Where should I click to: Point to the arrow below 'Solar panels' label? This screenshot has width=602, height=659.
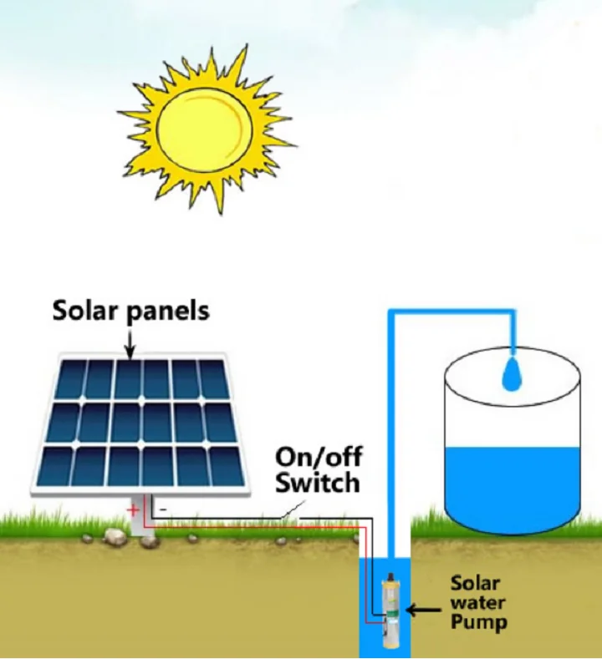pyautogui.click(x=130, y=342)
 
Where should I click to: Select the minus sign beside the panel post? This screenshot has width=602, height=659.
pyautogui.click(x=163, y=507)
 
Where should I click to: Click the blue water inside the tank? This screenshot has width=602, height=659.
pyautogui.click(x=513, y=484)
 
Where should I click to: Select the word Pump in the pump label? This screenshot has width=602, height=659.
pyautogui.click(x=478, y=622)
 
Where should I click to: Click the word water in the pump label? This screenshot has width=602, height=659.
pyautogui.click(x=478, y=603)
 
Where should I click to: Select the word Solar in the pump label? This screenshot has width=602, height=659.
pyautogui.click(x=475, y=583)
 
